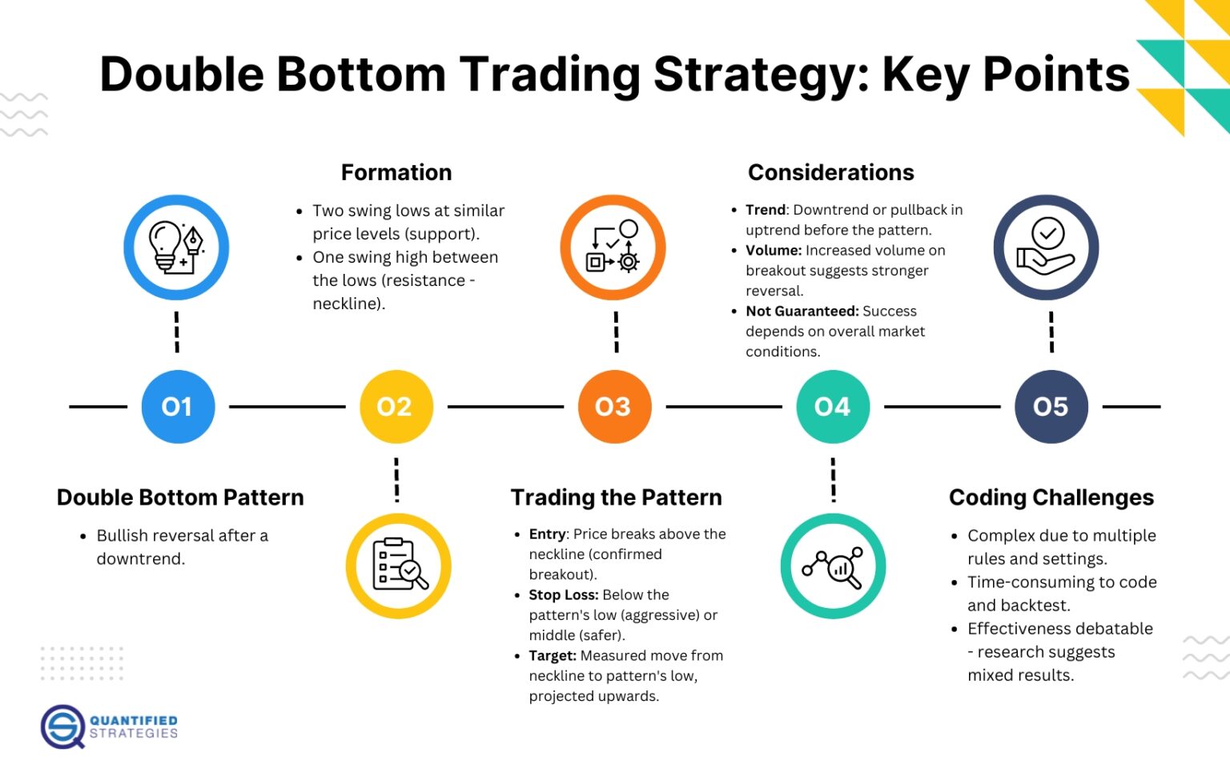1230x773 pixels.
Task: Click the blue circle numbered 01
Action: point(178,407)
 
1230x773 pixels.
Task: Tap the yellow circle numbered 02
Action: point(396,407)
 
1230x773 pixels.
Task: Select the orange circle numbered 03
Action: point(614,407)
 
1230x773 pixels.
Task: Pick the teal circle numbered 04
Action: point(833,407)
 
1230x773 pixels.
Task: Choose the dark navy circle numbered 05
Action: point(1051,407)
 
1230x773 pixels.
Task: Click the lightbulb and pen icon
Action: point(176,248)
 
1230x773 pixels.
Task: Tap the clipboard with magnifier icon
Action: point(399,566)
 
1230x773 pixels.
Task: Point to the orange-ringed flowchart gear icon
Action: point(613,248)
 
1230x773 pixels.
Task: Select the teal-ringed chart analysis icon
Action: point(833,566)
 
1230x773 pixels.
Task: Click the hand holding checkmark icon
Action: point(1046,248)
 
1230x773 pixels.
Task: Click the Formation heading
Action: point(396,172)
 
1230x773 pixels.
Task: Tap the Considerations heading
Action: point(830,172)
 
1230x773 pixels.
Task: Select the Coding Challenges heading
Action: point(1051,497)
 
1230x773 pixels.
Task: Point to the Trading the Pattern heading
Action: point(616,497)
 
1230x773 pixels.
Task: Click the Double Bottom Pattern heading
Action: point(180,497)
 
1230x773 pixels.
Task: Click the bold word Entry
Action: point(548,534)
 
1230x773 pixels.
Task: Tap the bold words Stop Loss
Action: point(563,595)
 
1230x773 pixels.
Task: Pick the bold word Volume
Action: point(773,251)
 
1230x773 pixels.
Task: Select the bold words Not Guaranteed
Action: point(802,312)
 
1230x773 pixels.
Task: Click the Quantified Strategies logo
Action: point(109,727)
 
